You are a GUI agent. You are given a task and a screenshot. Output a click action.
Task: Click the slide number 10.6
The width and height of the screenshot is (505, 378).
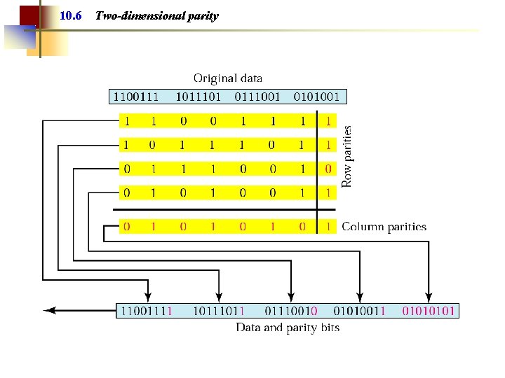point(71,15)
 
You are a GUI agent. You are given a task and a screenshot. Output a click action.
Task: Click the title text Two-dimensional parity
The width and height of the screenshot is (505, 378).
point(156,15)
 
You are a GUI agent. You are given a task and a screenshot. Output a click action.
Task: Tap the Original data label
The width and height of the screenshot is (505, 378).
point(228,78)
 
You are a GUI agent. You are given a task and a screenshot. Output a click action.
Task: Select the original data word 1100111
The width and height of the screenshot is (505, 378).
point(137,96)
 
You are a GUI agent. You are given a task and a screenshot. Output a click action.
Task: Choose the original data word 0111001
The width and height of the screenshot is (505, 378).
point(257,96)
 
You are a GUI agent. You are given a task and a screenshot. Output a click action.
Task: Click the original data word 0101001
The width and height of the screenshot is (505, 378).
point(316,96)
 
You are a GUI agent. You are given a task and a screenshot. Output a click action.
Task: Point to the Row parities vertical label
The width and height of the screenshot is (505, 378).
point(346,155)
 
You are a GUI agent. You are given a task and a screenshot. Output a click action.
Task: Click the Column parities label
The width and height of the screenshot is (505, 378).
point(384,227)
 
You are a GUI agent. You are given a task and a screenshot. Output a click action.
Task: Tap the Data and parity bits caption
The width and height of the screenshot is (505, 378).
point(288,328)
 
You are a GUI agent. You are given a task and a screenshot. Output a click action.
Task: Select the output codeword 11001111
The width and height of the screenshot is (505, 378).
point(147,310)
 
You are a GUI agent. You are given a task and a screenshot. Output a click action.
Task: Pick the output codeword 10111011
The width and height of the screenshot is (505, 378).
point(219,310)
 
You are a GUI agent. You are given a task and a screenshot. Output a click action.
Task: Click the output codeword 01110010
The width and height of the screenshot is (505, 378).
point(291,310)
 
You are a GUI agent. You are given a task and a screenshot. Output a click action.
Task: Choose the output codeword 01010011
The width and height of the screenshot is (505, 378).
point(359,310)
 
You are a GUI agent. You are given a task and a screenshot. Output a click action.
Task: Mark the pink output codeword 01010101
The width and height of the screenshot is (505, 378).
point(429,310)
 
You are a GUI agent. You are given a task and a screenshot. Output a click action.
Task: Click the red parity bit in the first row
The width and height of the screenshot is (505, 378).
point(328,121)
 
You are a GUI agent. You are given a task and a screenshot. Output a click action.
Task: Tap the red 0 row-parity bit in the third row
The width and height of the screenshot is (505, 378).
point(328,169)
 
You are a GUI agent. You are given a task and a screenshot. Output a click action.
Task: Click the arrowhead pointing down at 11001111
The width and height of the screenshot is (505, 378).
point(147,295)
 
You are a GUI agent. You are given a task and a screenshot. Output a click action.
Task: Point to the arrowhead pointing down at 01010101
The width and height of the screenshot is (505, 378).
point(428,295)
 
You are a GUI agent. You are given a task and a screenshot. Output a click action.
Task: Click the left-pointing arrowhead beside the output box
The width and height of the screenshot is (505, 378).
point(49,310)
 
